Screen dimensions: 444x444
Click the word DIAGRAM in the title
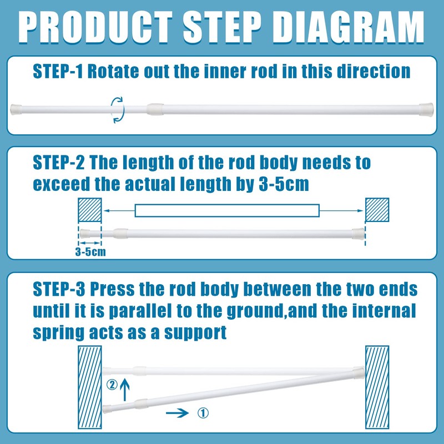pyautogui.click(x=348, y=27)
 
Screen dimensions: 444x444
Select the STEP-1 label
pyautogui.click(x=58, y=71)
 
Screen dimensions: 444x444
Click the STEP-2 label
pyautogui.click(x=59, y=163)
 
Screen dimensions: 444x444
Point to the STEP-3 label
pyautogui.click(x=59, y=289)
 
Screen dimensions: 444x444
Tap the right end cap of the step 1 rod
pyautogui.click(x=426, y=110)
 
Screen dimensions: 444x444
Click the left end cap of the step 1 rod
pyautogui.click(x=16, y=109)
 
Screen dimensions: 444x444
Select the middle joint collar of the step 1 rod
pyautogui.click(x=155, y=109)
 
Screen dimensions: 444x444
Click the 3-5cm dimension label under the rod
pyautogui.click(x=90, y=252)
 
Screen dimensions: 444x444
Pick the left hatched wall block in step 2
pyautogui.click(x=90, y=210)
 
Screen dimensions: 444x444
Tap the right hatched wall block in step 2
pyautogui.click(x=377, y=210)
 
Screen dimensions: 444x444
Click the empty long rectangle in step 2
pyautogui.click(x=227, y=210)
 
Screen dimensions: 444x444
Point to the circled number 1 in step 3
pyautogui.click(x=203, y=413)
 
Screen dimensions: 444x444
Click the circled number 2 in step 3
pyautogui.click(x=112, y=385)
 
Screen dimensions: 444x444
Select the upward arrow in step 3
pyautogui.click(x=125, y=390)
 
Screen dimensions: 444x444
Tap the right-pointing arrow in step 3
pyautogui.click(x=177, y=413)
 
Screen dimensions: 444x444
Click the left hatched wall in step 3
pyautogui.click(x=90, y=387)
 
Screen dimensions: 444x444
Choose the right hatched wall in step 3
pyautogui.click(x=377, y=387)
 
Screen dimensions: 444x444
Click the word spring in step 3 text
pyautogui.click(x=58, y=333)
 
